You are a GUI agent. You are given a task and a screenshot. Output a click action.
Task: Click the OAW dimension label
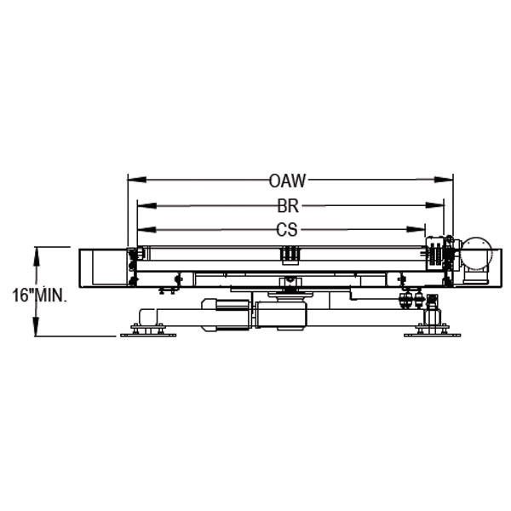coord(288,181)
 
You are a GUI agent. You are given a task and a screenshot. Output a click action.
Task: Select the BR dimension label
coord(288,206)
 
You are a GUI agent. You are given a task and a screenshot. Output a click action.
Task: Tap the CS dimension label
coord(287,230)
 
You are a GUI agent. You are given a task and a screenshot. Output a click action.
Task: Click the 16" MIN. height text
coord(40,296)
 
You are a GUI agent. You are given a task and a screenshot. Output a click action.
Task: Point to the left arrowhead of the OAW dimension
coord(137,180)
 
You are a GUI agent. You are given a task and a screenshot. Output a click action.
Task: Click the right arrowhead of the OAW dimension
coord(444,180)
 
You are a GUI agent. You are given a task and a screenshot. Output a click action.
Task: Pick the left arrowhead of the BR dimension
coord(147,205)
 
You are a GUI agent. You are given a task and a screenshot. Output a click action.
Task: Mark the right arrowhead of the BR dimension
coord(434,205)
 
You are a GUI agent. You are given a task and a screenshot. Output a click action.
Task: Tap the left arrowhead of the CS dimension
coord(146,230)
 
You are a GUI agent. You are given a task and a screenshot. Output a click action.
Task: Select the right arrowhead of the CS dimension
coord(416,229)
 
